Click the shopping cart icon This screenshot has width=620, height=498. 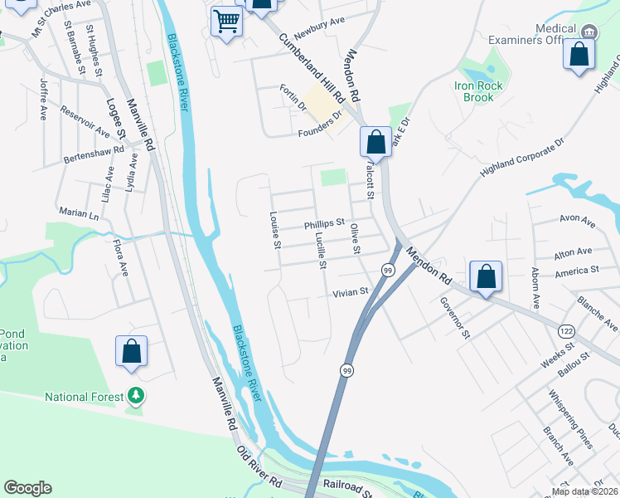point(226,22)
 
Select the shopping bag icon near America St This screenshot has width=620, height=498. point(486,276)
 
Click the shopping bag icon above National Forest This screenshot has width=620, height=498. point(131,350)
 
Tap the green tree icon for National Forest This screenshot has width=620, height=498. point(136,398)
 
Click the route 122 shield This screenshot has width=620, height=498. point(566,330)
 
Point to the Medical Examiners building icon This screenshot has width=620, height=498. point(589,32)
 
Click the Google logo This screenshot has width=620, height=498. point(27,488)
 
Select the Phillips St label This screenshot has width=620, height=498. point(324,224)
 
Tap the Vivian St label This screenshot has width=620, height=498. point(351,292)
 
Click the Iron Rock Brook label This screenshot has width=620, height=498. point(474,91)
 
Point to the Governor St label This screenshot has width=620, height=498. point(455,319)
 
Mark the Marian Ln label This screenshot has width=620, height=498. point(79,213)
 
